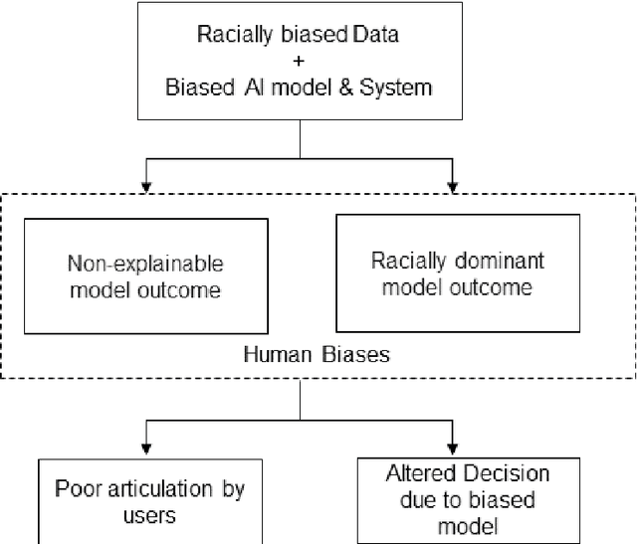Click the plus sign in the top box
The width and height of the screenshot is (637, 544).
coord(299,62)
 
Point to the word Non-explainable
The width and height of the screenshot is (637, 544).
coord(145,266)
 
